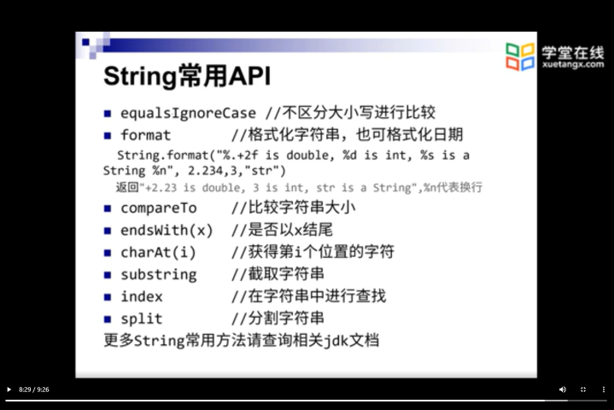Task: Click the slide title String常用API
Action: pos(187,76)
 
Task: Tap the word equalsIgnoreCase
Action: pos(189,114)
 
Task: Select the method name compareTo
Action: pos(159,208)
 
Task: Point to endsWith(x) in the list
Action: pos(167,231)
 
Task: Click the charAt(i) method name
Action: pos(158,253)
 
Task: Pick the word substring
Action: pos(159,275)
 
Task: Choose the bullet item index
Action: pos(142,297)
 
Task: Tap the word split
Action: pos(142,319)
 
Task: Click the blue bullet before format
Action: pos(108,136)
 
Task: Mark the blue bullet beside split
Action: pos(108,319)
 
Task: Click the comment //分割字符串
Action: pos(278,319)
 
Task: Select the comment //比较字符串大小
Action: pos(293,208)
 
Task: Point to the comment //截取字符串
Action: pos(278,274)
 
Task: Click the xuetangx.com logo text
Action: pos(573,65)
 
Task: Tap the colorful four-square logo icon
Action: pos(520,56)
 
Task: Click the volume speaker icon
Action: pos(563,389)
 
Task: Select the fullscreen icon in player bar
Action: pos(583,389)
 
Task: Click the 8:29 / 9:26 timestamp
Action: pos(33,389)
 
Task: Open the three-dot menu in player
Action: pos(604,389)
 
